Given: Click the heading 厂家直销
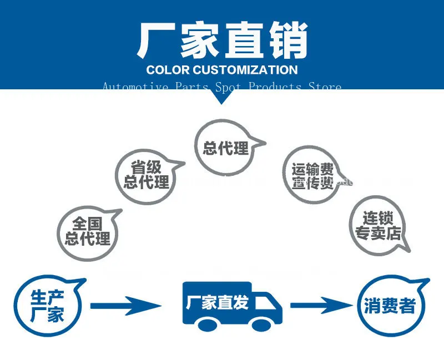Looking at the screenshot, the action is [222, 40].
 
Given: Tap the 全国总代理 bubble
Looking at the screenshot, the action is [88, 231].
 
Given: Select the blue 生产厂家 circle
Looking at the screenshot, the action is [48, 307].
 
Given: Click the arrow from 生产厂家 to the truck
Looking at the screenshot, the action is [125, 305].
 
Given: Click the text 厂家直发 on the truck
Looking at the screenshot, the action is [217, 302].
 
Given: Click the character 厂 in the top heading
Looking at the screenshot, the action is [157, 40].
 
